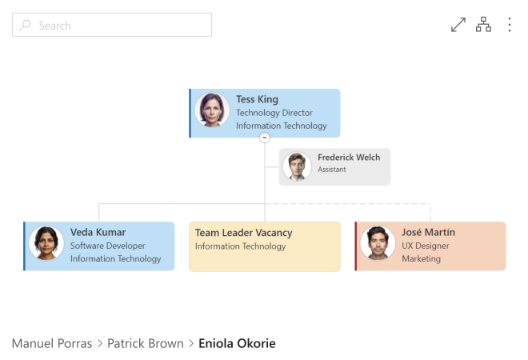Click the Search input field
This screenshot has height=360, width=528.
pyautogui.click(x=112, y=25)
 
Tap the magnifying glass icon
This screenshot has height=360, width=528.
pyautogui.click(x=25, y=26)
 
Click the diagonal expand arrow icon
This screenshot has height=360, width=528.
pyautogui.click(x=458, y=25)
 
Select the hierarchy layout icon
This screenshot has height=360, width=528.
pyautogui.click(x=483, y=25)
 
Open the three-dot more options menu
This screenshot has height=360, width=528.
pyautogui.click(x=510, y=25)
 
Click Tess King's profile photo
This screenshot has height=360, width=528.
pyautogui.click(x=212, y=110)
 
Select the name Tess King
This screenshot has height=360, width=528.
pyautogui.click(x=257, y=99)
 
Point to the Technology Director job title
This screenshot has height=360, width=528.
pyautogui.click(x=274, y=113)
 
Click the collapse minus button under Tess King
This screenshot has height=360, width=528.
pyautogui.click(x=265, y=138)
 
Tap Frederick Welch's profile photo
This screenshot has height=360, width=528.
pyautogui.click(x=297, y=166)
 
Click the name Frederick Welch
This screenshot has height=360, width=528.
pyautogui.click(x=349, y=158)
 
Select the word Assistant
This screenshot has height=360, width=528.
pyautogui.click(x=332, y=170)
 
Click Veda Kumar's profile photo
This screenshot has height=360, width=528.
pyautogui.click(x=46, y=243)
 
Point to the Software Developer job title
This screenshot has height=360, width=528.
pyautogui.click(x=108, y=246)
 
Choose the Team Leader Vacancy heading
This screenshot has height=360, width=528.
pyautogui.click(x=244, y=233)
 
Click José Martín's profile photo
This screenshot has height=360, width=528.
pyautogui.click(x=378, y=243)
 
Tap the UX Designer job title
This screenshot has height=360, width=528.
pyautogui.click(x=426, y=246)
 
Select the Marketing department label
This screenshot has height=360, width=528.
pyautogui.click(x=422, y=258)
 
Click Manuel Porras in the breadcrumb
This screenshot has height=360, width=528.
pyautogui.click(x=52, y=343)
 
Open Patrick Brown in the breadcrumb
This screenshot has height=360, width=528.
pyautogui.click(x=146, y=343)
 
